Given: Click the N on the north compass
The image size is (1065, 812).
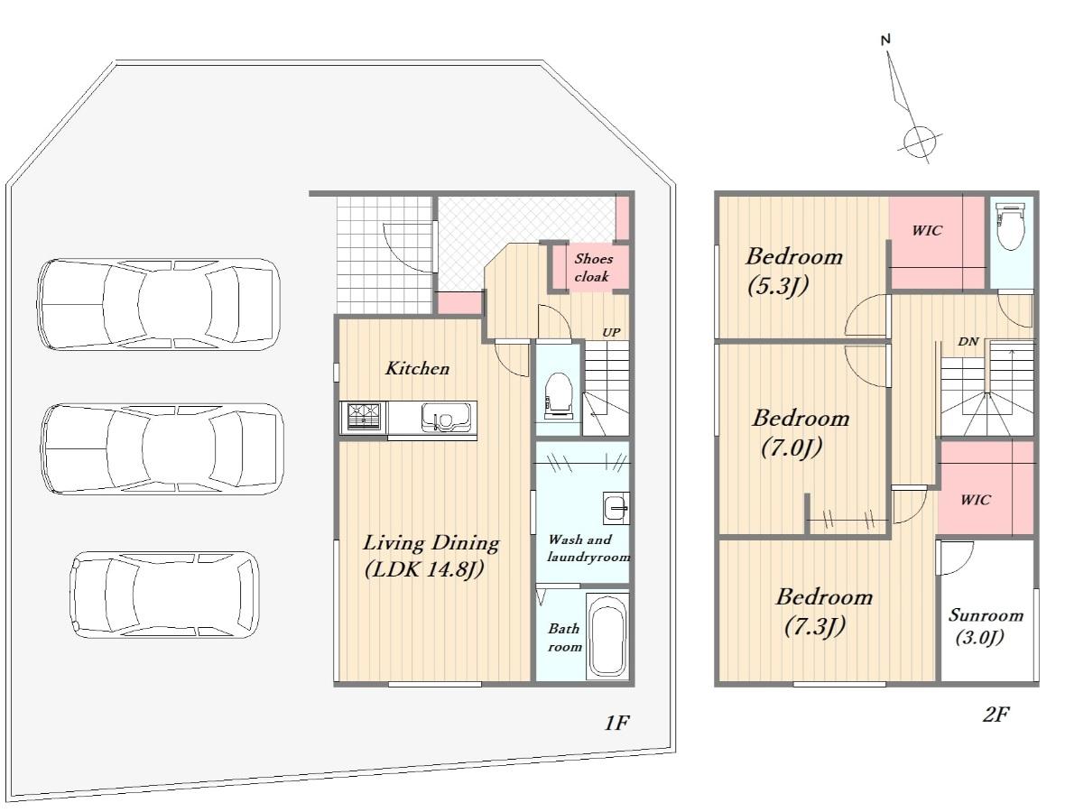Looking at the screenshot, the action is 885,40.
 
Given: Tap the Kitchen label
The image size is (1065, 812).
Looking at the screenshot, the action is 417,369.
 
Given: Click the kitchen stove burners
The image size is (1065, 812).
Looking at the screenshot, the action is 364,416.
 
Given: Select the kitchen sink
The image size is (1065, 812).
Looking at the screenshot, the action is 446,417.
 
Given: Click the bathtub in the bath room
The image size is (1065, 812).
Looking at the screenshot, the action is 607,635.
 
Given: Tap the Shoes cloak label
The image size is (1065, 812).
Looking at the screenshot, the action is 593,267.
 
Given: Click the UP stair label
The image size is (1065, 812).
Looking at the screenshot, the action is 611,333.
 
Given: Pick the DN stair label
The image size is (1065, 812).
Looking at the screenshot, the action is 968,342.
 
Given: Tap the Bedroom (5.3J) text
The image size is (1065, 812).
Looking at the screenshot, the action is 793,271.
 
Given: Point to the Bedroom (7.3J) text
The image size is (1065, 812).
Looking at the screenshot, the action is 823,611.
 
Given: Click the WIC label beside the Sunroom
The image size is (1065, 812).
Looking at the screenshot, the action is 976,501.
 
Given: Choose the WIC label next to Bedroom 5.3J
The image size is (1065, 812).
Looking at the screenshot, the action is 927,231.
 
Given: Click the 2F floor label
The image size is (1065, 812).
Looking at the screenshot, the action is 996,715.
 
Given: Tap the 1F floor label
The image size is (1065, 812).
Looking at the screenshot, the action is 616,723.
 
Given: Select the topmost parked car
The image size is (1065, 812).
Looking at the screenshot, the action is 158,304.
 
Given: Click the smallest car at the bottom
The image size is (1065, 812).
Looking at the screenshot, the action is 164,595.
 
